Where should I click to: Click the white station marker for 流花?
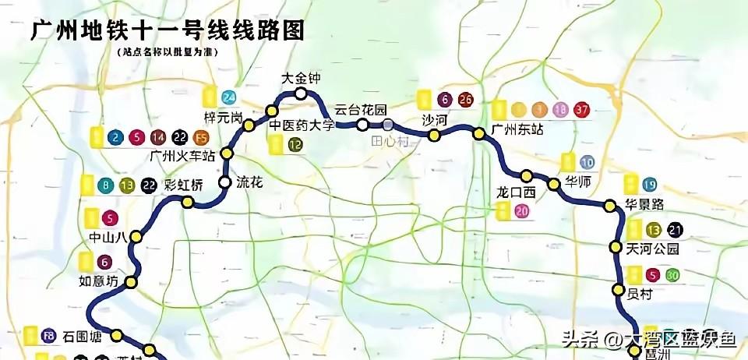pyautogui.click(x=224, y=182)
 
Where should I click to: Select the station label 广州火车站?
pyautogui.click(x=182, y=155)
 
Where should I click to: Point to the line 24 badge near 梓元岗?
pyautogui.click(x=228, y=98)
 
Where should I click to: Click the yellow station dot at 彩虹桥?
pyautogui.click(x=187, y=202)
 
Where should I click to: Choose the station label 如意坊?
pyautogui.click(x=100, y=281)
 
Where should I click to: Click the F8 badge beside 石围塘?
pyautogui.click(x=48, y=337)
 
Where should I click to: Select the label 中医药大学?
pyautogui.click(x=302, y=125)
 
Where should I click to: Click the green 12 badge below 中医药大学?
pyautogui.click(x=295, y=144)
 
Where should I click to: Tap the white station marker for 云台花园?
pyautogui.click(x=362, y=125)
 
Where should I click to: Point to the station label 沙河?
pyautogui.click(x=434, y=120)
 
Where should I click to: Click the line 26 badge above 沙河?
pyautogui.click(x=466, y=100)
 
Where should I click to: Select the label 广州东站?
pyautogui.click(x=517, y=129)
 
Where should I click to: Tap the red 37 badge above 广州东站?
pyautogui.click(x=580, y=109)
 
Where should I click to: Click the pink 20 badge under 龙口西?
pyautogui.click(x=521, y=211)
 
